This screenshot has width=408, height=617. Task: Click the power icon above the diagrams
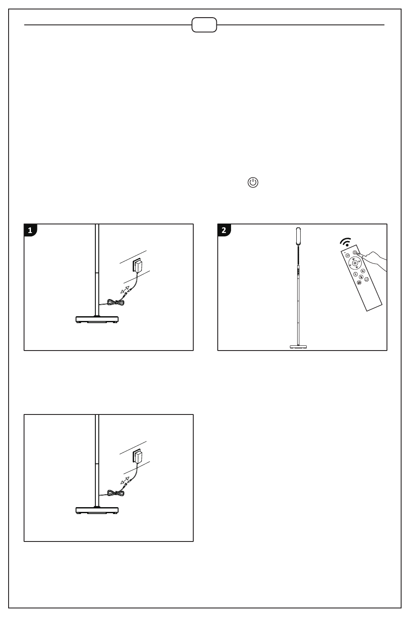pyautogui.click(x=253, y=182)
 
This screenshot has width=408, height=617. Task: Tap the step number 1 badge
pyautogui.click(x=30, y=230)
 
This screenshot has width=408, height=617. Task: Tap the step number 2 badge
pyautogui.click(x=224, y=230)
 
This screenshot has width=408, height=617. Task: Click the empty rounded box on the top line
pyautogui.click(x=204, y=25)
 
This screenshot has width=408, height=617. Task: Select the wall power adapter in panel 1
pyautogui.click(x=137, y=266)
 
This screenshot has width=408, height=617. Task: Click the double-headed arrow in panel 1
pyautogui.click(x=125, y=290)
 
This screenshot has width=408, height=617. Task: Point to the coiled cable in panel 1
pyautogui.click(x=116, y=302)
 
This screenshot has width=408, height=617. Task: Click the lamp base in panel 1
pyautogui.click(x=97, y=320)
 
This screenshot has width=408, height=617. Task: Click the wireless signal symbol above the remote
pyautogui.click(x=346, y=242)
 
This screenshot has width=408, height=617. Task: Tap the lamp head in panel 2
pyautogui.click(x=298, y=236)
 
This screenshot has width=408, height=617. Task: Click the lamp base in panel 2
pyautogui.click(x=298, y=347)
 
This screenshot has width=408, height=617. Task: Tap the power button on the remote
pyautogui.click(x=355, y=252)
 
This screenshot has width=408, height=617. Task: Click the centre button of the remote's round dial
pyautogui.click(x=355, y=263)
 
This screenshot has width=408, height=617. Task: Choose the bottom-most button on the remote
pyautogui.click(x=359, y=283)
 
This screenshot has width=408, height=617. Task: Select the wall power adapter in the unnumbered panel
pyautogui.click(x=137, y=457)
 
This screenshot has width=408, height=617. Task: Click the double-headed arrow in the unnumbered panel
pyautogui.click(x=125, y=481)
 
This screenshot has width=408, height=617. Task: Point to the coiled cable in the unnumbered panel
pyautogui.click(x=116, y=493)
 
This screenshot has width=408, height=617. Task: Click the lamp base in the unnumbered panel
pyautogui.click(x=97, y=511)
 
